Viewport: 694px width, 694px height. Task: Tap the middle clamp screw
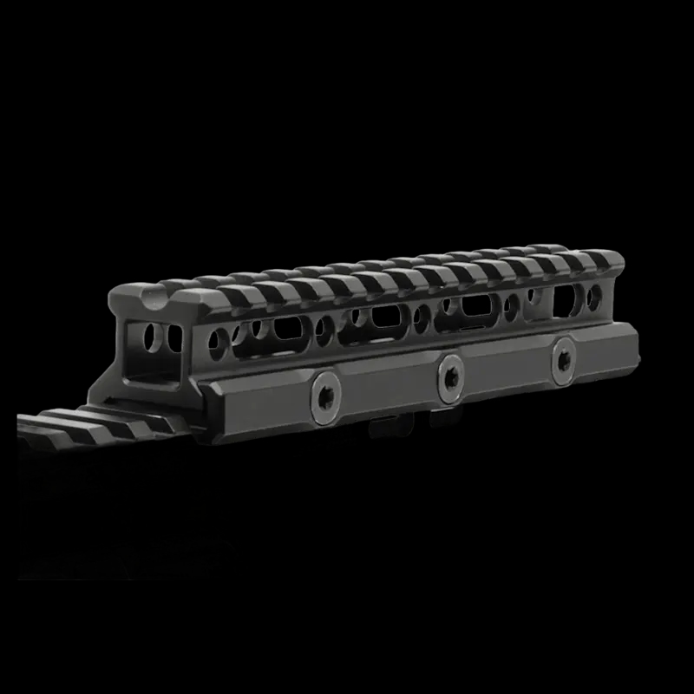pos(450,374)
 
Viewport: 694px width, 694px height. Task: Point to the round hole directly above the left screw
pos(326,329)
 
